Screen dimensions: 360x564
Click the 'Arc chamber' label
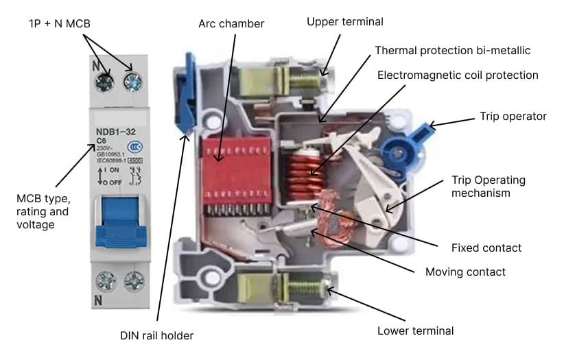pyautogui.click(x=231, y=24)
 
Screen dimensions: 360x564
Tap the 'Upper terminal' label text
pyautogui.click(x=344, y=22)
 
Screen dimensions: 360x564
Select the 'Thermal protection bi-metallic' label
pyautogui.click(x=452, y=51)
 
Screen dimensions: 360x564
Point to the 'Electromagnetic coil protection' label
pyautogui.click(x=458, y=75)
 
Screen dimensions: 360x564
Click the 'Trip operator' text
pyautogui.click(x=513, y=116)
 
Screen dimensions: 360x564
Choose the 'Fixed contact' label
pyautogui.click(x=486, y=248)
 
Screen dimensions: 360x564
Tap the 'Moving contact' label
pyautogui.click(x=465, y=272)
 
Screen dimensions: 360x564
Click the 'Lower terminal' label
pyautogui.click(x=415, y=331)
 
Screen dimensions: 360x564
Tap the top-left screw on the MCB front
pyautogui.click(x=105, y=82)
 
